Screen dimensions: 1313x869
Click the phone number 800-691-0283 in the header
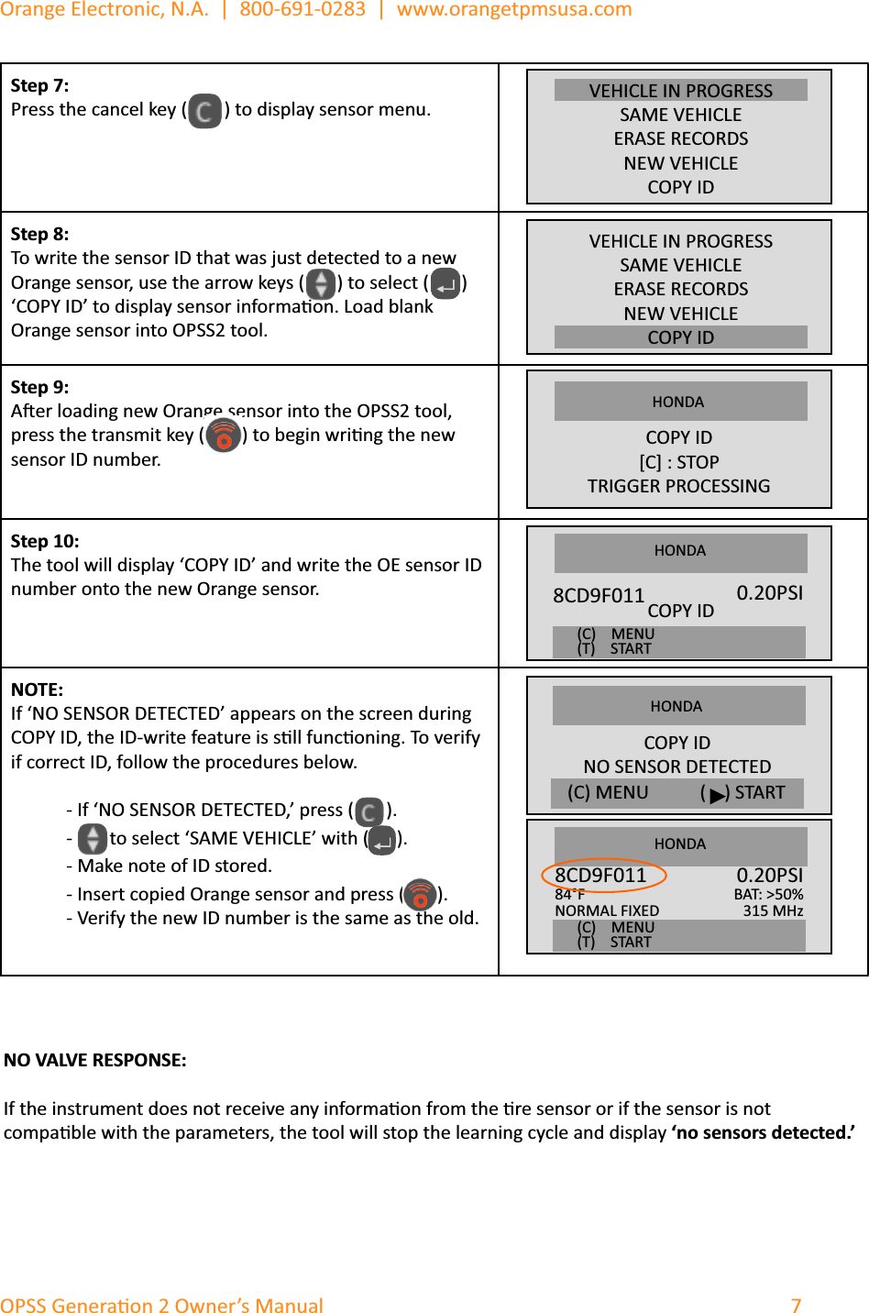[302, 10]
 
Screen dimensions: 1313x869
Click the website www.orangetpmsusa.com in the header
[514, 10]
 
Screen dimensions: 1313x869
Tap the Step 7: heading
[39, 85]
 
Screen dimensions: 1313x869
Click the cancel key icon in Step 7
[205, 111]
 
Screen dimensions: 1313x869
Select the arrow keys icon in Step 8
[320, 283]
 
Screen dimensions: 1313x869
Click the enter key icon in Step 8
[445, 283]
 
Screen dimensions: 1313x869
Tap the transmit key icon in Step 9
[224, 436]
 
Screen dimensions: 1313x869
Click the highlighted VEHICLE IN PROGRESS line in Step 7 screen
[680, 91]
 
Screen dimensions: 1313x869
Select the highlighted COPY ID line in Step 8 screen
[680, 337]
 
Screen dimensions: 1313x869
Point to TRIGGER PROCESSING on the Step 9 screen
[678, 486]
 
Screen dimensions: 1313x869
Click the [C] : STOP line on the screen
[678, 462]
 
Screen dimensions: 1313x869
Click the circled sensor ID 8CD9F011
[601, 876]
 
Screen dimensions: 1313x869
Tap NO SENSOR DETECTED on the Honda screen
[677, 767]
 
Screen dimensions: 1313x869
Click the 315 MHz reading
[773, 910]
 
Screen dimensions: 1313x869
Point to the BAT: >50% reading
[768, 894]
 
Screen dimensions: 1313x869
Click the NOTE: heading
[37, 690]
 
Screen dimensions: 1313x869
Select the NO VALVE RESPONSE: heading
[94, 1060]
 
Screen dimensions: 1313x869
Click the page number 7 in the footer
[796, 1305]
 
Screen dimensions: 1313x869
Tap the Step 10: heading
[45, 541]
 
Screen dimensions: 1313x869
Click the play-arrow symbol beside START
[717, 794]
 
